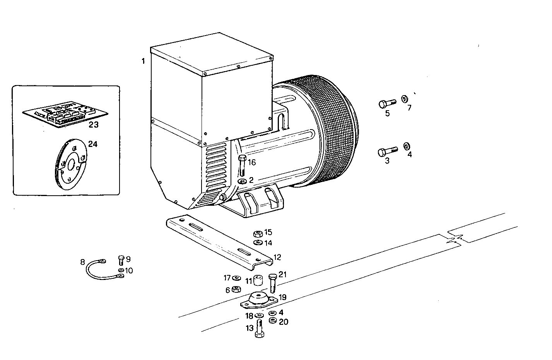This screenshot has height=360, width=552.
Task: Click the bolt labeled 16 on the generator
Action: click(243, 165)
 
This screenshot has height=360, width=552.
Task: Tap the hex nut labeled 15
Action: click(258, 234)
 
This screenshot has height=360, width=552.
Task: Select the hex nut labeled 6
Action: click(238, 289)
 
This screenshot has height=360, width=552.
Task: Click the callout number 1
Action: click(143, 61)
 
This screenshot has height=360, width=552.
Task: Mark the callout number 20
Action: click(284, 322)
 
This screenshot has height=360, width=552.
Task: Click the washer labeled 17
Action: click(237, 278)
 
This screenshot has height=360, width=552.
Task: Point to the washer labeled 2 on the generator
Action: click(242, 181)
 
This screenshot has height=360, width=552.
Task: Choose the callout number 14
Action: click(268, 243)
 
